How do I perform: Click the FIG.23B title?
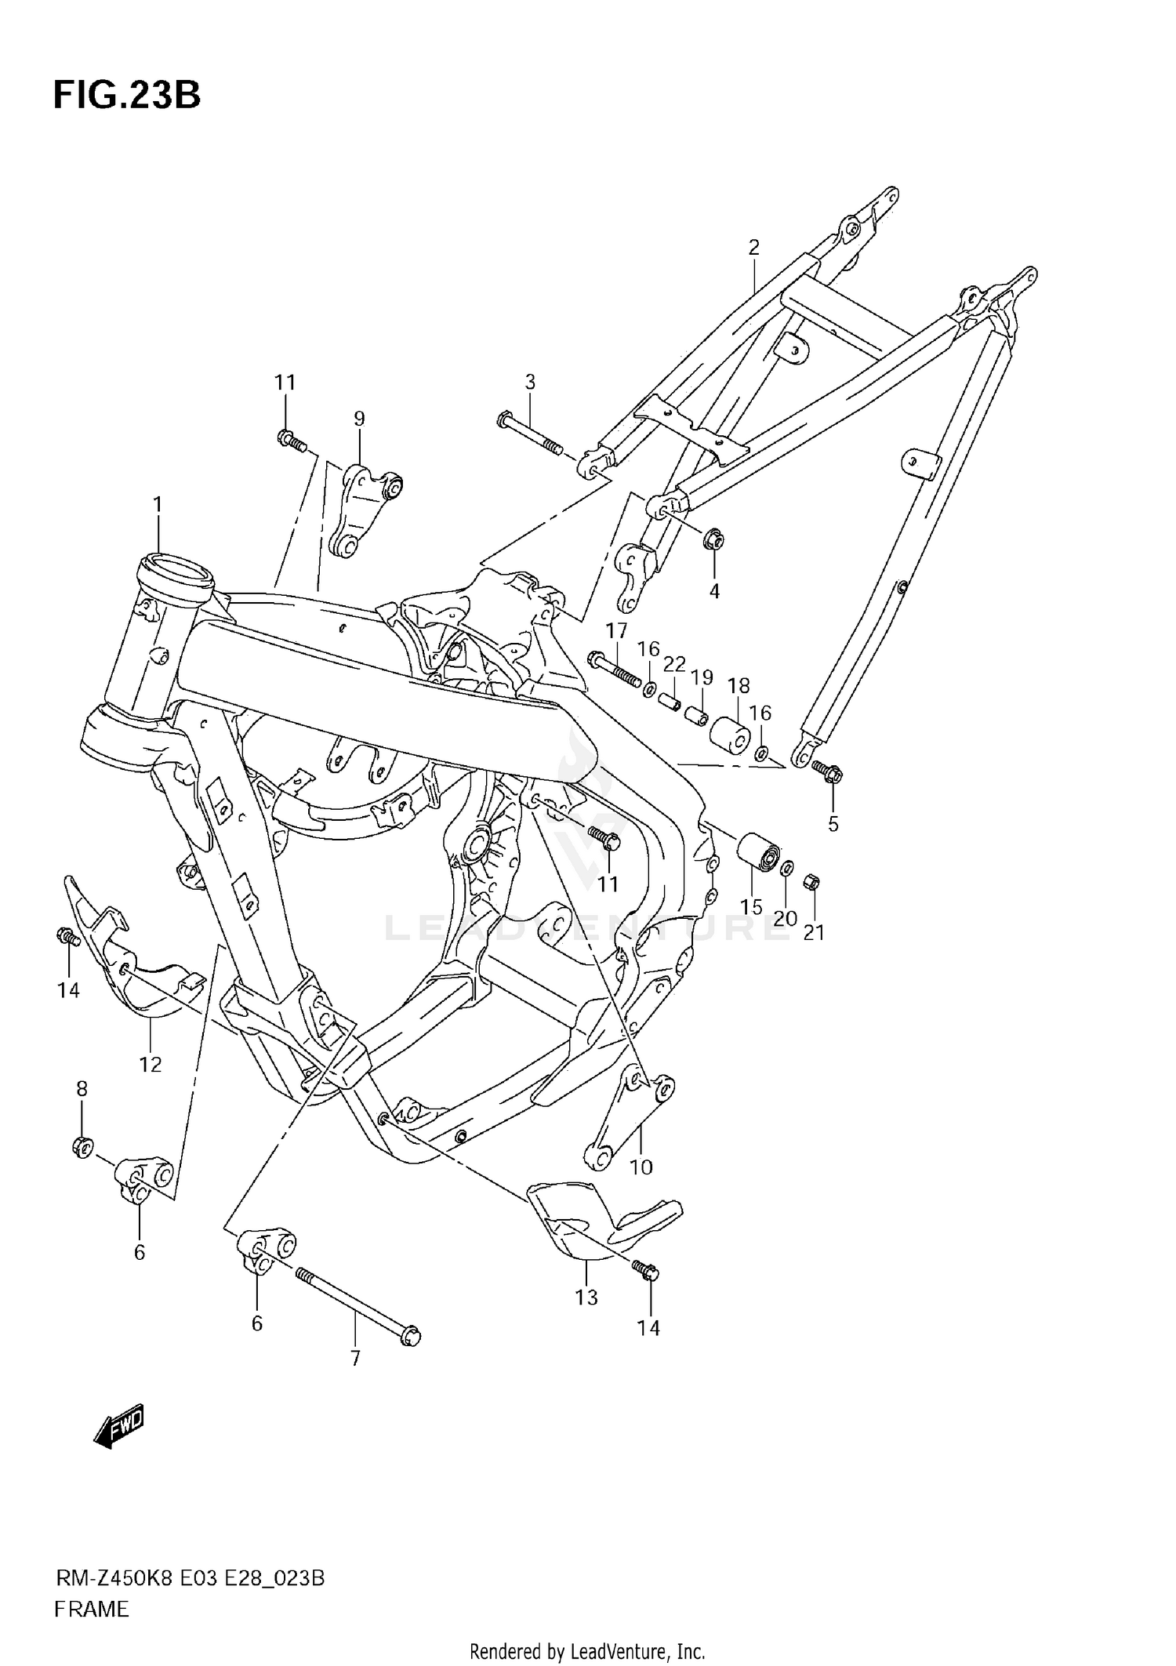tap(127, 95)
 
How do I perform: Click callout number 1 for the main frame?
tap(158, 505)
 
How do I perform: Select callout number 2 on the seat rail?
tap(753, 249)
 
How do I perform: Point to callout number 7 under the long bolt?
tap(355, 1359)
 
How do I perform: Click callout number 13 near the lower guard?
tap(586, 1298)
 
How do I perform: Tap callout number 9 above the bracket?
tap(359, 419)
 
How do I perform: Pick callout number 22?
tap(674, 664)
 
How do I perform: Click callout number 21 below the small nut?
tap(814, 933)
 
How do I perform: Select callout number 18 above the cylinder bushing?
tap(739, 685)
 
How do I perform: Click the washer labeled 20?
tap(788, 868)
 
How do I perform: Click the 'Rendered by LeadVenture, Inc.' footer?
tap(587, 1646)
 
